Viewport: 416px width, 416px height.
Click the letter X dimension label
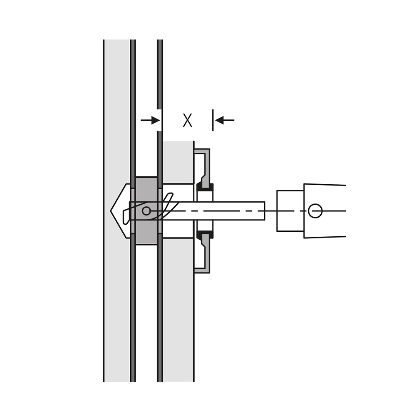click(187, 121)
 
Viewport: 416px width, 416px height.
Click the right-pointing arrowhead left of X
click(156, 120)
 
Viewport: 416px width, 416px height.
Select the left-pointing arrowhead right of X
click(219, 120)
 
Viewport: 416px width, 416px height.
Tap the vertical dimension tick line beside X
click(213, 120)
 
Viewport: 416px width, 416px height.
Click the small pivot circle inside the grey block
click(146, 211)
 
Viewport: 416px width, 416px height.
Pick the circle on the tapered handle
click(315, 211)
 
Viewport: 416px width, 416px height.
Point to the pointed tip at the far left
click(111, 211)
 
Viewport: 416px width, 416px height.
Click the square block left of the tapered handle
click(290, 211)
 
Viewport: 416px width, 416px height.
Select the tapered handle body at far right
click(325, 211)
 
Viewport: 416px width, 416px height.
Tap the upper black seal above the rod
click(205, 186)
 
